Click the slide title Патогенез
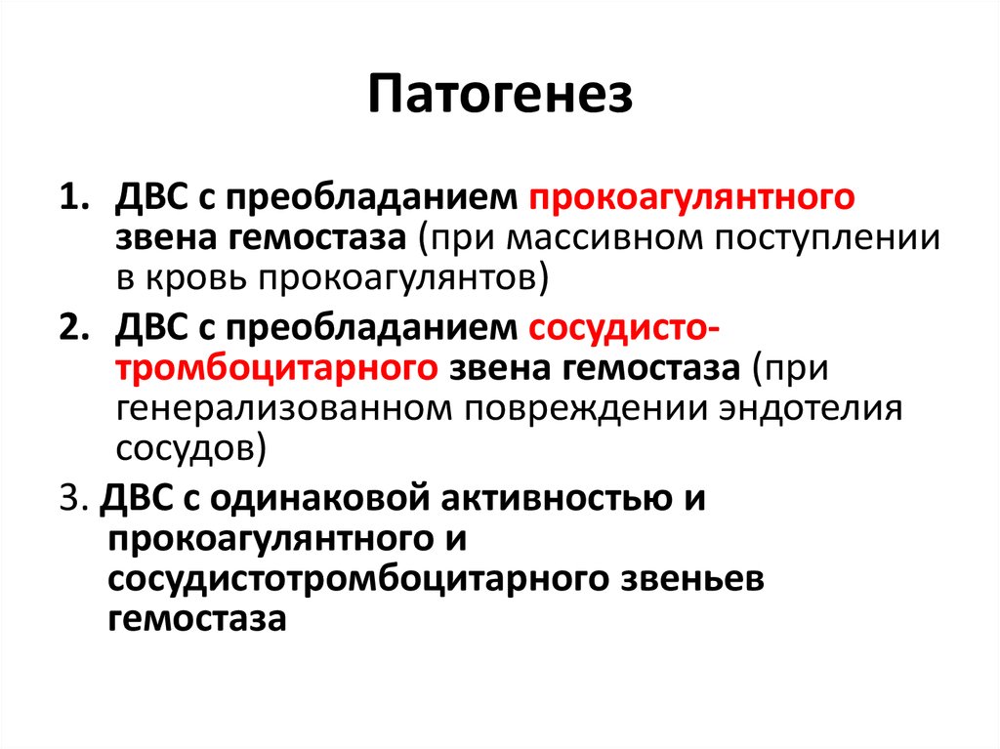click(500, 95)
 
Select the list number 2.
click(73, 327)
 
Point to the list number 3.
click(72, 498)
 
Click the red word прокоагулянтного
click(691, 198)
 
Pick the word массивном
click(604, 238)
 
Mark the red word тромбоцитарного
click(276, 370)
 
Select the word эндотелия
click(812, 410)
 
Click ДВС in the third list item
click(137, 498)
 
